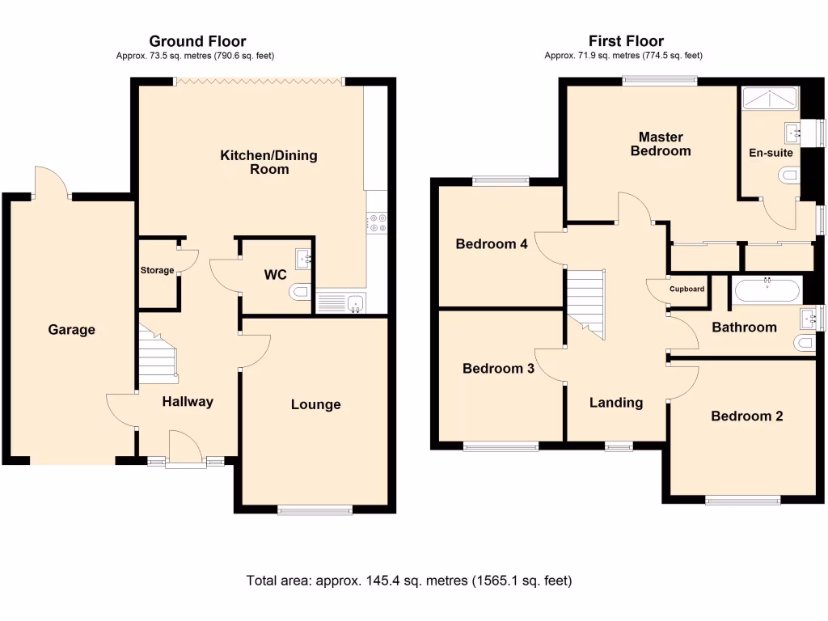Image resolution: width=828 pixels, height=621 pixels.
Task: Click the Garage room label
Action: (71, 329)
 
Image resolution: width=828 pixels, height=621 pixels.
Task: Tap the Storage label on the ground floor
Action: (157, 270)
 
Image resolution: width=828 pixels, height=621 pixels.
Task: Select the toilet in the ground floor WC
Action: (299, 291)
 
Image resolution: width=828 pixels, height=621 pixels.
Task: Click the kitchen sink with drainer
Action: (340, 302)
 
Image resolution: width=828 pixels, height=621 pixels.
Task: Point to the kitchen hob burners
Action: (376, 222)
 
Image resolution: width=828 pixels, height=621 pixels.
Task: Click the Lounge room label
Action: (315, 404)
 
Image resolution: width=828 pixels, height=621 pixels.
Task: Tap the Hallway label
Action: (188, 401)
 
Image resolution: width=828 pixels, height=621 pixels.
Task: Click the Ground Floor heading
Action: (197, 41)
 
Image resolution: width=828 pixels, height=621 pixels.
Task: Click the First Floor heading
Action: (626, 41)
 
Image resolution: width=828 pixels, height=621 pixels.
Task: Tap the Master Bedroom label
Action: (661, 144)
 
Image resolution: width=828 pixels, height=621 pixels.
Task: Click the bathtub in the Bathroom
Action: (766, 289)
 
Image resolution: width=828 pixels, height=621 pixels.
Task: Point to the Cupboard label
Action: (687, 289)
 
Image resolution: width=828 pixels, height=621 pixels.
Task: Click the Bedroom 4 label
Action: (492, 244)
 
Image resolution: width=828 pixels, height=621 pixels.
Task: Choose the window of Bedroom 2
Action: (741, 501)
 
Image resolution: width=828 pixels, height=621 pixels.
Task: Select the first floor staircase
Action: (585, 302)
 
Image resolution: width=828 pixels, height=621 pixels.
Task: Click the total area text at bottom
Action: (408, 581)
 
